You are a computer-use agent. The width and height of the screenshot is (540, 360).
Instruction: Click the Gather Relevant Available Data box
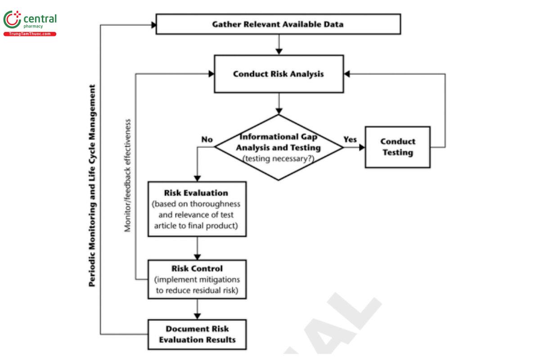coord(278,24)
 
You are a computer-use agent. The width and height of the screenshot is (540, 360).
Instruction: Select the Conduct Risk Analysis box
coord(278,74)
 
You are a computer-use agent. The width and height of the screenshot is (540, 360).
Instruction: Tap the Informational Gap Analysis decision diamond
coord(279,147)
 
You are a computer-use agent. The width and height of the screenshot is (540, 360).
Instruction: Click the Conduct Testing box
coord(397,147)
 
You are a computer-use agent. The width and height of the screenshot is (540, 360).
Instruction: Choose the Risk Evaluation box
coord(197,209)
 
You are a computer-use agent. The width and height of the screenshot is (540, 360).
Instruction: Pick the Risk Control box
coord(197,279)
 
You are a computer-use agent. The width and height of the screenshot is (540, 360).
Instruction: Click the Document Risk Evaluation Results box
coord(197,334)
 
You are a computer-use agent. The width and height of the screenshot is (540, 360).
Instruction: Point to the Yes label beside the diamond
coord(350,139)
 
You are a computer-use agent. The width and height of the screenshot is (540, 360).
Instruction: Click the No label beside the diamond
coord(207,139)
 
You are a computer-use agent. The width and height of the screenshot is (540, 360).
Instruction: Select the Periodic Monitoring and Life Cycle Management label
coord(92,184)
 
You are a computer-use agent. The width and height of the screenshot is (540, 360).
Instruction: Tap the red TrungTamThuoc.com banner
coord(30,34)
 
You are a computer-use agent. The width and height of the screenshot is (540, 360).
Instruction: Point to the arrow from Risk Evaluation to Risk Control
coord(197,248)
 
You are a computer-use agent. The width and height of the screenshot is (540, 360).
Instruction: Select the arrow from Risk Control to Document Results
coord(197,309)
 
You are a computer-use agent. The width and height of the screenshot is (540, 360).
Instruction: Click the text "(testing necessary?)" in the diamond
coord(279,158)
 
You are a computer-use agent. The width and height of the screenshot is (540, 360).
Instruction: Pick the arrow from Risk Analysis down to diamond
coord(279,103)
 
